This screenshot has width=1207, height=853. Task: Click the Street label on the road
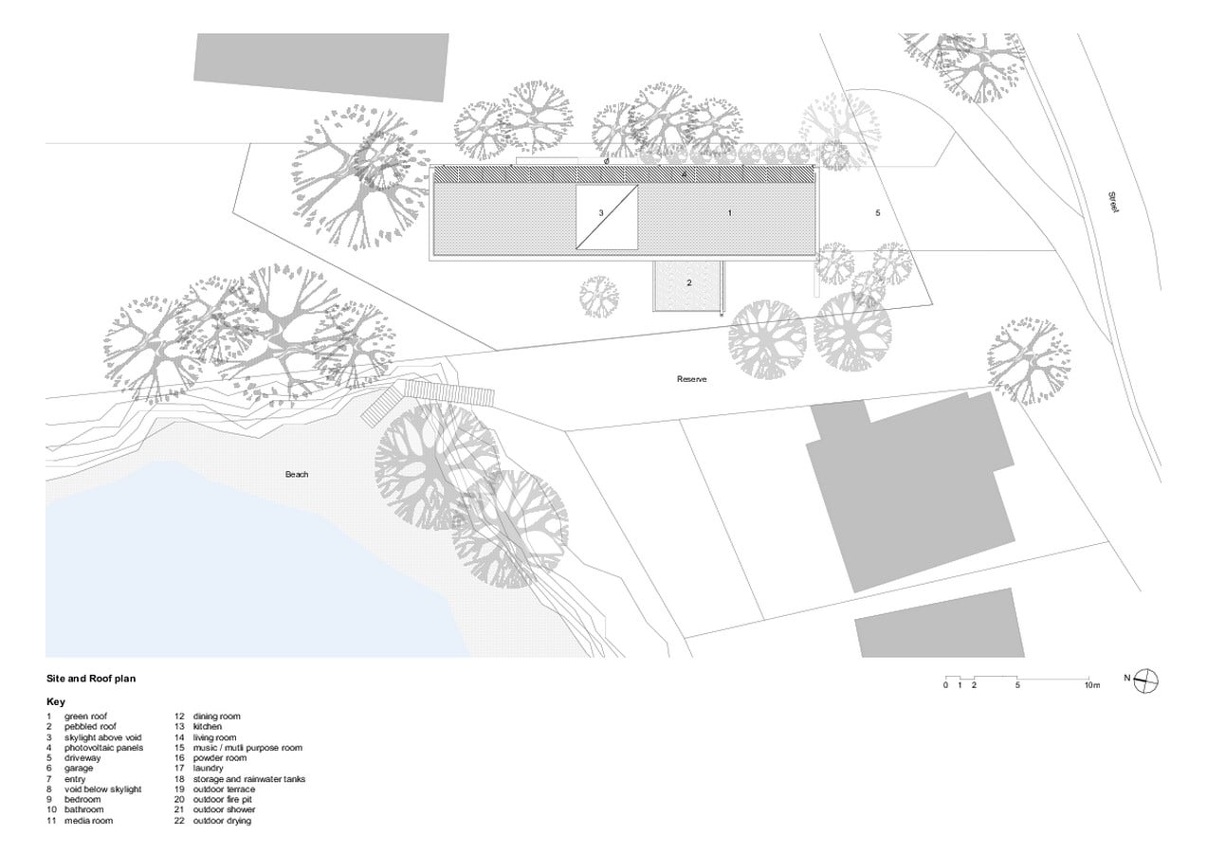tap(1113, 203)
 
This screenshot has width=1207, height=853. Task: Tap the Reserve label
tap(691, 379)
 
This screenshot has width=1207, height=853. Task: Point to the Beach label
tap(297, 475)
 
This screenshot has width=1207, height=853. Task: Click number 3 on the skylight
tap(601, 213)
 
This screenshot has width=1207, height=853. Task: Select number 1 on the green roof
tap(729, 213)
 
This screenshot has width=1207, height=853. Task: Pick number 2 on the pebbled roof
tap(688, 282)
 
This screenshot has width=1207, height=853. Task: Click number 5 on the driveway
tap(878, 213)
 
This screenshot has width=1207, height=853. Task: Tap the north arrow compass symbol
tap(1146, 681)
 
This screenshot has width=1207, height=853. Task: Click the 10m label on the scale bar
tap(1092, 685)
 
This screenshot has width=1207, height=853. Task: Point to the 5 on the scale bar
tap(1017, 685)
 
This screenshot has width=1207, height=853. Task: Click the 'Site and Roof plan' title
tap(91, 679)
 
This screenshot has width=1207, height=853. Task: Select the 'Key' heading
tap(56, 701)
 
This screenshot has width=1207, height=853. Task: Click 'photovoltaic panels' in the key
tap(104, 748)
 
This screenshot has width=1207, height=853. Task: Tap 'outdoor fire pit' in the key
tap(223, 800)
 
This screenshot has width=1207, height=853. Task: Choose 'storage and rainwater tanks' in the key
tap(249, 779)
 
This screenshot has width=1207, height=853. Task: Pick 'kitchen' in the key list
tap(208, 727)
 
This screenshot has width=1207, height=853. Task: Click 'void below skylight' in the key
tap(103, 789)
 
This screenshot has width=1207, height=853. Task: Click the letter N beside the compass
tap(1126, 678)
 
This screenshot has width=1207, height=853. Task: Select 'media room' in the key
tap(89, 821)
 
